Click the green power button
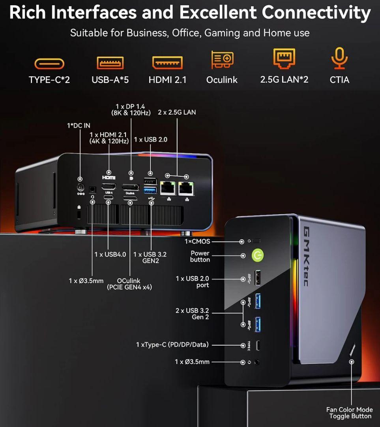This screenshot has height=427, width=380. [x=258, y=255]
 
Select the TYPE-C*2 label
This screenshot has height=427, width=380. [x=49, y=80]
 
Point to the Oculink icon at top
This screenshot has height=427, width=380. [x=222, y=60]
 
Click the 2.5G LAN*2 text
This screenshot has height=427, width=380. [x=284, y=79]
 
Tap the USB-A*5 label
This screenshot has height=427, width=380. [x=110, y=80]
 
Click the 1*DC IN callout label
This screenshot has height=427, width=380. [x=79, y=126]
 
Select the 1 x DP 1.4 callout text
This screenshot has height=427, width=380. [x=130, y=110]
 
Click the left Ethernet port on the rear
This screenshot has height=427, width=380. [x=168, y=189]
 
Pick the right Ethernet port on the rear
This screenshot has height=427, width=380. [x=186, y=189]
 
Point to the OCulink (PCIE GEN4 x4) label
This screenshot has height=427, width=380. [x=129, y=284]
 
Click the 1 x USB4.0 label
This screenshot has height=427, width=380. [x=110, y=254]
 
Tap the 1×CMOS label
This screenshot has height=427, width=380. [x=197, y=241]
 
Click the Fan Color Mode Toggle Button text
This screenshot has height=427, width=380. [x=350, y=413]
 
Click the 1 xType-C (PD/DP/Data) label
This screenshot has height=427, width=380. [x=172, y=345]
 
